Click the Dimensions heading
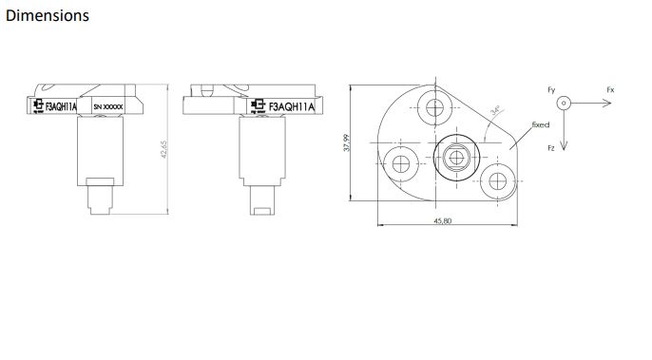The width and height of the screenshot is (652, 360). click(48, 16)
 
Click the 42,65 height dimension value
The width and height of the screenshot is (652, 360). click(163, 149)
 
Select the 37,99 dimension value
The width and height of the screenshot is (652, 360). click(346, 142)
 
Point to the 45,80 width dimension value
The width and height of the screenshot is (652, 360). click(443, 220)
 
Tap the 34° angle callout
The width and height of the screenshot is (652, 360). click(495, 111)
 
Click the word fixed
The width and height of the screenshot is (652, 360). click(541, 124)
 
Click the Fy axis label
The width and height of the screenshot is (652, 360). click(551, 90)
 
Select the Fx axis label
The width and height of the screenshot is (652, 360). click(610, 90)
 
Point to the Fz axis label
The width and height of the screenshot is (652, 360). click(551, 148)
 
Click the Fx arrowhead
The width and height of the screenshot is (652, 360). click(607, 103)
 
